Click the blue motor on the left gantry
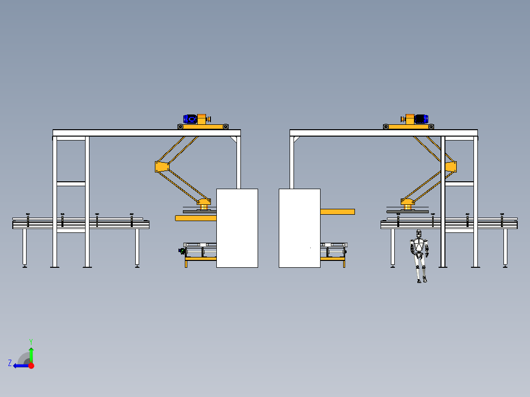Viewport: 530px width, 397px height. (x=190, y=119)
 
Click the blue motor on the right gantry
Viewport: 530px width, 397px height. (x=421, y=119)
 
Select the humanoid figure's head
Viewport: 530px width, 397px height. (x=419, y=233)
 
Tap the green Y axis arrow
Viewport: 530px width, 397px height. (x=31, y=355)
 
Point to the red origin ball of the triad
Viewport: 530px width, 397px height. (x=31, y=366)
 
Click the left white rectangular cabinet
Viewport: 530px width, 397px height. (x=237, y=228)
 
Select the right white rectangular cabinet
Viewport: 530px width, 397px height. (x=299, y=228)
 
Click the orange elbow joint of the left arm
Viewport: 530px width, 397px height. (x=162, y=167)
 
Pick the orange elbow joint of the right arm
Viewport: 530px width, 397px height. (x=451, y=167)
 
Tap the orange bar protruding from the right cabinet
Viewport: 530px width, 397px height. (x=337, y=212)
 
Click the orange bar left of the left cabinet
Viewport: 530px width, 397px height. (x=196, y=218)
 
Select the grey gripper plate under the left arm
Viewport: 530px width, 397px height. (x=200, y=211)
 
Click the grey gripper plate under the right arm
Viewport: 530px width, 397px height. (x=407, y=211)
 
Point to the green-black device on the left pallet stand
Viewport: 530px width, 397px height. (x=182, y=251)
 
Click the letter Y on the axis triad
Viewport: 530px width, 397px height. (x=31, y=341)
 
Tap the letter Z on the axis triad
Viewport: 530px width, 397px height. (x=10, y=363)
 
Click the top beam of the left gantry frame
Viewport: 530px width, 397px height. (x=147, y=133)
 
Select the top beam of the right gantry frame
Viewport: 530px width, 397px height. (x=383, y=133)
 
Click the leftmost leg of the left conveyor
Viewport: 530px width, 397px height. (x=25, y=248)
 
